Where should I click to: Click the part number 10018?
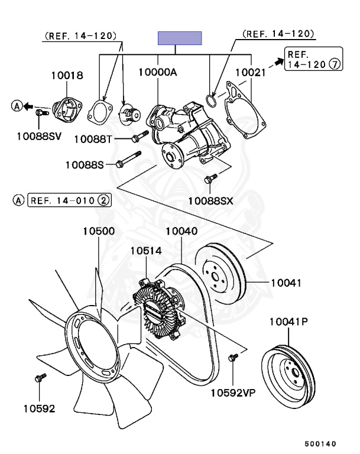click(x=67, y=76)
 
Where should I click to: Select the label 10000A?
click(x=158, y=72)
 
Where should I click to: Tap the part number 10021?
click(x=250, y=72)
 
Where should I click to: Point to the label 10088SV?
click(x=38, y=136)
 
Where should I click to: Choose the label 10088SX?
click(x=211, y=201)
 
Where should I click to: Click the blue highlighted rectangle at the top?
click(x=180, y=38)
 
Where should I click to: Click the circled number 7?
click(x=335, y=65)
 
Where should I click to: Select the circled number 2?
click(x=103, y=200)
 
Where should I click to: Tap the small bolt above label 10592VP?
click(x=233, y=356)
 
